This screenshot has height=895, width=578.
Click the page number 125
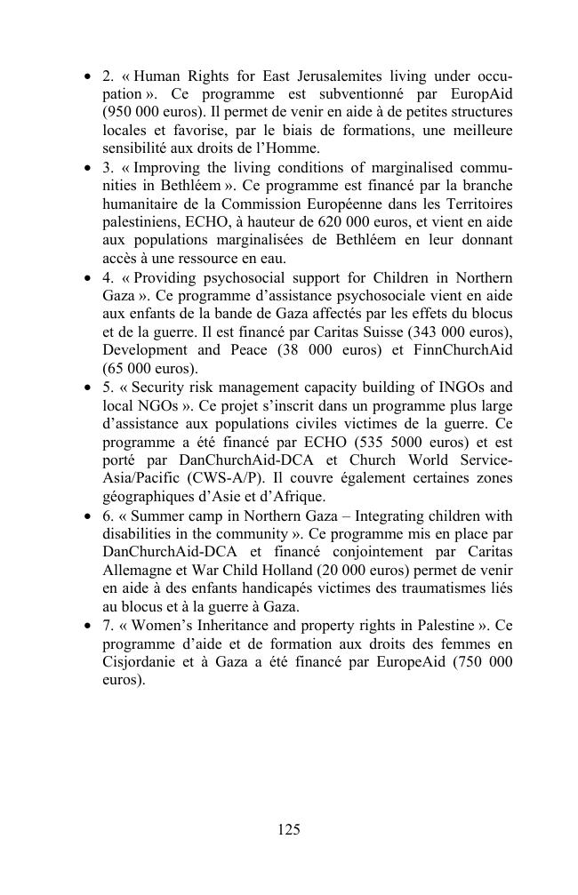(x=289, y=830)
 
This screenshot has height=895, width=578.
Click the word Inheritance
(x=245, y=626)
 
